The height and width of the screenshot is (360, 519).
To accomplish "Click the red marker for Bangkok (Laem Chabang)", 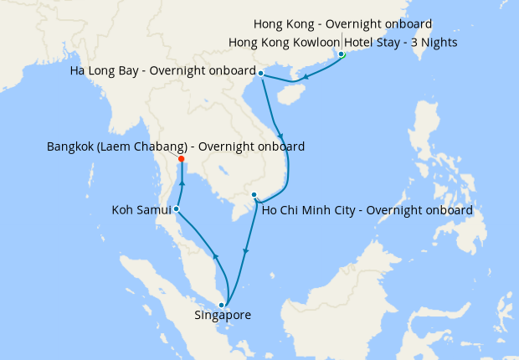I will pos(182,159).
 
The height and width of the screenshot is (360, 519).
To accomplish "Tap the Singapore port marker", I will pos(221,305).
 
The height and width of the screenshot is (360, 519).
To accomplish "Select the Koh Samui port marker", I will pos(176,208).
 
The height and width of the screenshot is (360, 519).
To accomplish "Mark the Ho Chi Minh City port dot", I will pos(254,195).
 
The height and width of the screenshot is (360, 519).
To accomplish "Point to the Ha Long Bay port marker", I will pos(261,74).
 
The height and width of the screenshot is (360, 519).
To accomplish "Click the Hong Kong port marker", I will pos(342,55).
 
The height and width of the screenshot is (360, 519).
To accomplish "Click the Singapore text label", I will pos(222,316).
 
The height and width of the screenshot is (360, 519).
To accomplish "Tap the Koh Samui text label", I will pos(140,209).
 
